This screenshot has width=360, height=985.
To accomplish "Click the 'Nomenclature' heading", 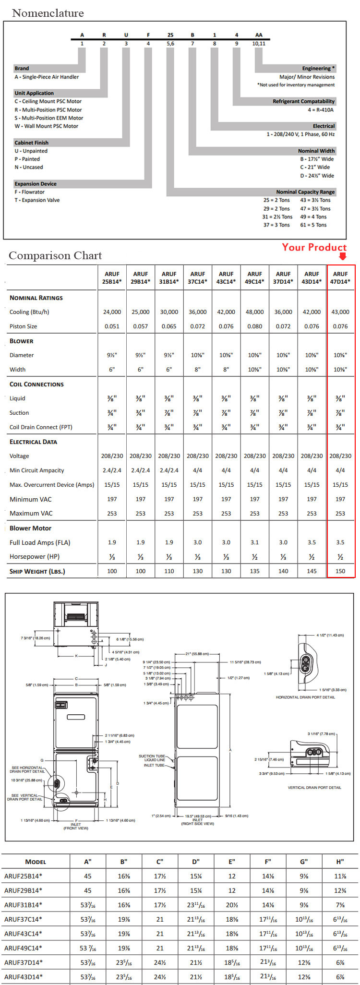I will point(48,13).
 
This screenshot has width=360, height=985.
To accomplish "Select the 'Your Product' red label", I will point(314,247).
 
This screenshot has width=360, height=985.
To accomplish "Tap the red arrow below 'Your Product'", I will point(342,256).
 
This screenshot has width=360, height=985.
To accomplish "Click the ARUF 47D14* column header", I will point(340,277).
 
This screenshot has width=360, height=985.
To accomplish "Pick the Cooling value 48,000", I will point(254,312).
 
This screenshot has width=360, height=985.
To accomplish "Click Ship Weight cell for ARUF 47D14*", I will point(340,571).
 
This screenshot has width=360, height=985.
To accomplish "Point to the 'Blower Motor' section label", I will point(30,528).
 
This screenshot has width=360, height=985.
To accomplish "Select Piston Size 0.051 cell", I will point(112,326).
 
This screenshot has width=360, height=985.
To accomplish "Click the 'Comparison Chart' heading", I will point(55,255).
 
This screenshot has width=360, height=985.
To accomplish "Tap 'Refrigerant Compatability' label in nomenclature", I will point(303,101).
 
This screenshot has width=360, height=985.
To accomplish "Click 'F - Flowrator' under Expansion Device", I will point(29,192).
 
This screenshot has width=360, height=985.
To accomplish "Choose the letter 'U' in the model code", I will point(126,35).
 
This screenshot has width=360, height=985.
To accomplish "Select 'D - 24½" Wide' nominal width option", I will point(317,176).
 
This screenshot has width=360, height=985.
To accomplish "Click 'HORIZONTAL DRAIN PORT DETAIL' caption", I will point(305,697).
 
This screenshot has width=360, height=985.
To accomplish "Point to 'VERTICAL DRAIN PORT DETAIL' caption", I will point(314,788).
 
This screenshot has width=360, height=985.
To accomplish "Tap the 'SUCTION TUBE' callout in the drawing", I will point(152,756).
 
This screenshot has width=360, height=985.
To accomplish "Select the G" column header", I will point(304,862).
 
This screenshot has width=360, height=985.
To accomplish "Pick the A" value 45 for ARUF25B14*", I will point(88,876).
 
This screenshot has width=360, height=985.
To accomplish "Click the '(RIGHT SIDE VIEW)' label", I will point(197,824).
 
